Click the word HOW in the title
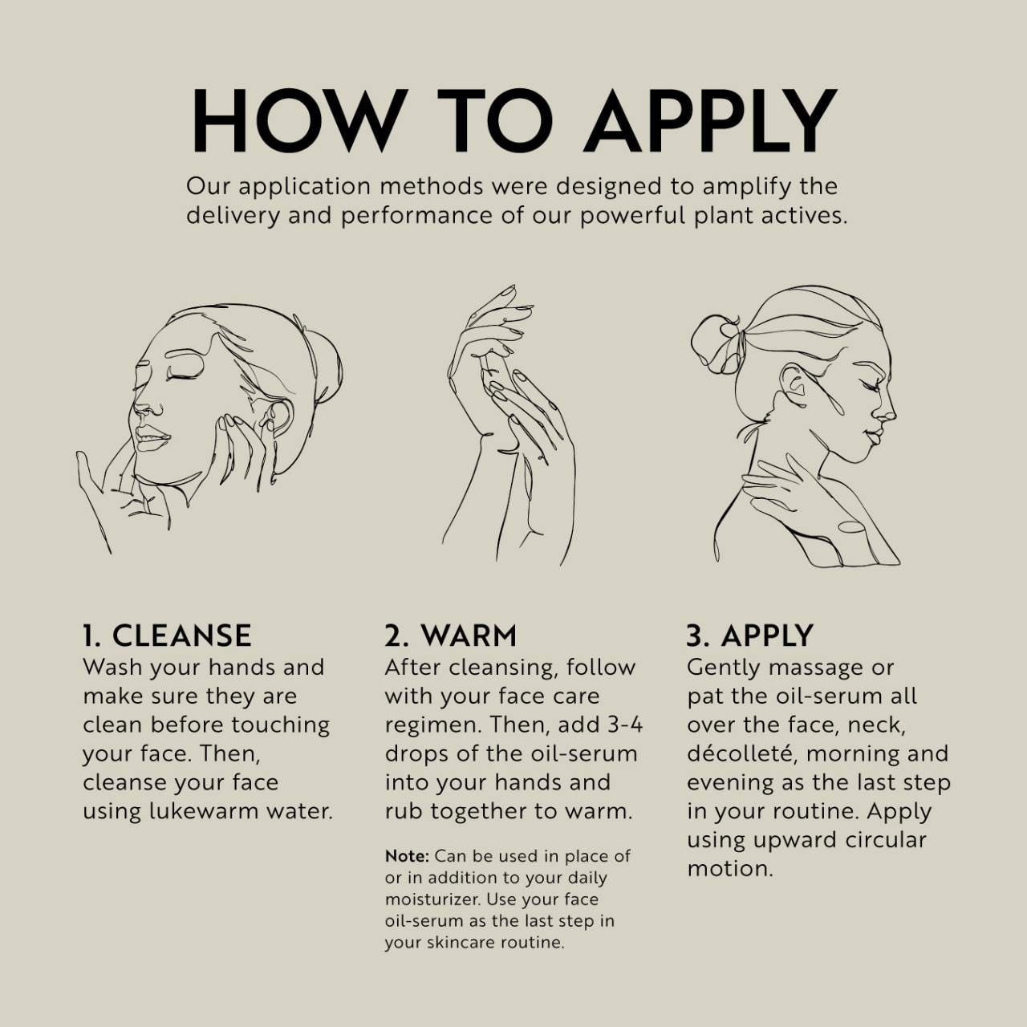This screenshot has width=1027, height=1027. click(x=297, y=120)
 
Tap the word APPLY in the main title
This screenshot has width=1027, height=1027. click(x=709, y=120)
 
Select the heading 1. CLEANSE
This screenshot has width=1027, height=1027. click(x=167, y=635)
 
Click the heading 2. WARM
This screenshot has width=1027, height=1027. click(x=451, y=635)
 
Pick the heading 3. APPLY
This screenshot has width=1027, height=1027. click(x=750, y=635)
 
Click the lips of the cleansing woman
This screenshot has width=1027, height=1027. click(x=152, y=438)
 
